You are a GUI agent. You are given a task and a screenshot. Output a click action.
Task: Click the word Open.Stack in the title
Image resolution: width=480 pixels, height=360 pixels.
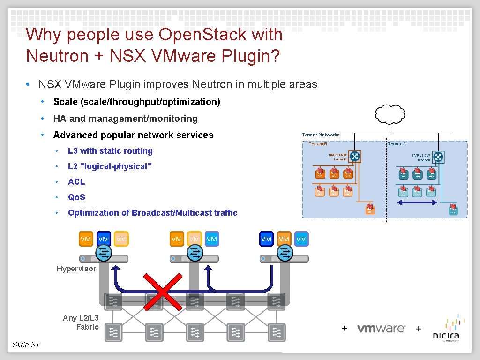[x=220, y=35]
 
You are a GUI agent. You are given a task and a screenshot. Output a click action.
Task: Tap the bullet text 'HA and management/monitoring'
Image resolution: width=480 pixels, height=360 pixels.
[x=125, y=119]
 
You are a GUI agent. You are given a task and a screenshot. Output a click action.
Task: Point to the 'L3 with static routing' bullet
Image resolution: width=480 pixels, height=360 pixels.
[x=110, y=151]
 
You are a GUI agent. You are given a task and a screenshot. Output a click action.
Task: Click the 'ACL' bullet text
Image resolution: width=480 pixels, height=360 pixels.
[x=76, y=182]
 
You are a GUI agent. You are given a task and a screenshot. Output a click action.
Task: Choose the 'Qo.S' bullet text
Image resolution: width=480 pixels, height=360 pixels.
[x=76, y=197]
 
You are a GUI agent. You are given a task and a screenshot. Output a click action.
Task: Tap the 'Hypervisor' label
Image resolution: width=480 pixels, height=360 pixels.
[x=76, y=269]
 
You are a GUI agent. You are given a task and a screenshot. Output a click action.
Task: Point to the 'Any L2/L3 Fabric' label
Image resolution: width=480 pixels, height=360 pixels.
[x=81, y=322]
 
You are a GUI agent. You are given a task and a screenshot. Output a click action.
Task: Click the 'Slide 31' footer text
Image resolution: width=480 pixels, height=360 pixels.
[x=26, y=345]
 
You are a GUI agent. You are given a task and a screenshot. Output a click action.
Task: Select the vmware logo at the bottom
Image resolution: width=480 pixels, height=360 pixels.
[x=381, y=329]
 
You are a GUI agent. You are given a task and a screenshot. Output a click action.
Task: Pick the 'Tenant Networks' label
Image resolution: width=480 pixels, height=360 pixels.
[x=321, y=135]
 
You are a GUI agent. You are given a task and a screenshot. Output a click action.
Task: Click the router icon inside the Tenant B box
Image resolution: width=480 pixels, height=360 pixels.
[x=355, y=157]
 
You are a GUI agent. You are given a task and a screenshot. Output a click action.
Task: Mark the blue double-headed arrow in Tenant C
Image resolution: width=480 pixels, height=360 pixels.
[x=417, y=202]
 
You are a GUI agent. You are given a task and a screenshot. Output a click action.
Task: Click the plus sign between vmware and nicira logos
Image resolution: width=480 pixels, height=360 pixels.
[x=419, y=329]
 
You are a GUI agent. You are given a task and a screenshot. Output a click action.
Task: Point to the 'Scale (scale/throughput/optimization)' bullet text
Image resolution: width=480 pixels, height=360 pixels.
[x=136, y=102]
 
